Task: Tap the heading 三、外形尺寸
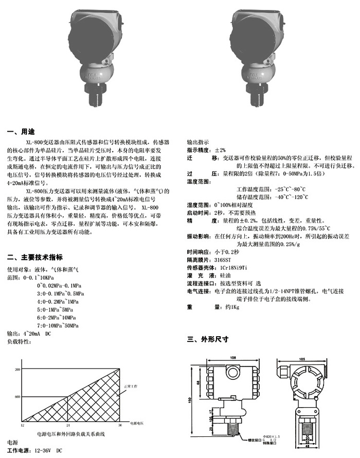tap(207, 339)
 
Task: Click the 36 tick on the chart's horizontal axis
tap(120, 425)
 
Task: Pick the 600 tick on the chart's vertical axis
tap(17, 396)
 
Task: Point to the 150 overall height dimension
tap(191, 400)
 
